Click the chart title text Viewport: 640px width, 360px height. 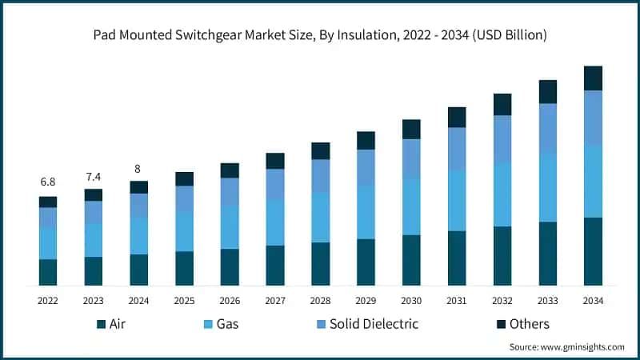click(x=320, y=34)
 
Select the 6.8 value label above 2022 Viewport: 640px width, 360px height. click(x=48, y=182)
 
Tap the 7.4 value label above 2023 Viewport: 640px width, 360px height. click(x=94, y=175)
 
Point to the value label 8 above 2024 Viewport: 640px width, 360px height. click(x=139, y=168)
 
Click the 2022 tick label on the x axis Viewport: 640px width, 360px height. click(x=48, y=301)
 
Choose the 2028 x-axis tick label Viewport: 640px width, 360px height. click(x=321, y=301)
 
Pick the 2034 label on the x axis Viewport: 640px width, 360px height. click(x=593, y=301)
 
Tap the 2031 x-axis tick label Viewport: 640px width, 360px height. click(x=457, y=301)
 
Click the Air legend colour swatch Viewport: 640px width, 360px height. click(x=101, y=324)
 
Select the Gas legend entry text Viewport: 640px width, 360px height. click(x=226, y=324)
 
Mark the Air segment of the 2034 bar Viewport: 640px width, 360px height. click(x=593, y=251)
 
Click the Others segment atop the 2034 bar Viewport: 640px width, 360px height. click(x=593, y=78)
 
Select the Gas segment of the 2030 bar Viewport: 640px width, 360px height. click(x=411, y=206)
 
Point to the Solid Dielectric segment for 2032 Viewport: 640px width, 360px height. click(x=502, y=139)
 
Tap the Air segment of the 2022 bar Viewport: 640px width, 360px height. click(x=48, y=272)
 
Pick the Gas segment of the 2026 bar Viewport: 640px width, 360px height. click(x=230, y=227)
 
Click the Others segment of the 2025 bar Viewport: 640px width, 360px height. click(x=184, y=178)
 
